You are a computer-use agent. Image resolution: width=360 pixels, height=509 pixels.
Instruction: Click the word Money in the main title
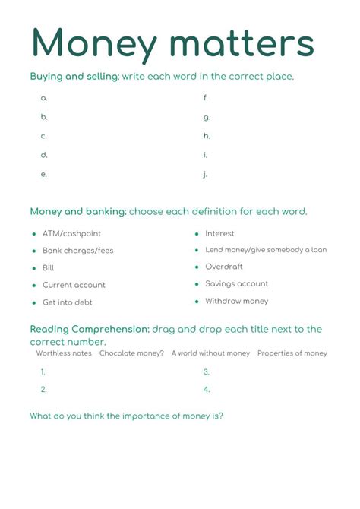(x=93, y=44)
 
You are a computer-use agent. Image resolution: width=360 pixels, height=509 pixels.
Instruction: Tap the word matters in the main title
(x=243, y=44)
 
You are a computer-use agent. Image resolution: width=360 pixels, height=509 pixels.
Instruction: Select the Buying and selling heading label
(x=74, y=77)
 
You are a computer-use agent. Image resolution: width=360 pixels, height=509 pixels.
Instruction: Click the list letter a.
(x=44, y=98)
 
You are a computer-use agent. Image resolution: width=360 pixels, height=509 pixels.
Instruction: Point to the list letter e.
(x=44, y=174)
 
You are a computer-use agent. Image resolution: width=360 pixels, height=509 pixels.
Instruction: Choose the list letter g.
(x=207, y=117)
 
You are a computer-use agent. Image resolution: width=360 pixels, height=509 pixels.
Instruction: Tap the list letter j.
(x=206, y=174)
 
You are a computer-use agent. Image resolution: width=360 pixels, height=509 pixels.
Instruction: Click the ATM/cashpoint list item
(x=71, y=233)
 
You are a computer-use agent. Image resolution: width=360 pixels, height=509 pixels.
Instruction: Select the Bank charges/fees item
(x=77, y=251)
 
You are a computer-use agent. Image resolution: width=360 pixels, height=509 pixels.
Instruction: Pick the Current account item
(x=74, y=285)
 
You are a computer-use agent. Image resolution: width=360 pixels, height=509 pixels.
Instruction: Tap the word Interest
(x=219, y=233)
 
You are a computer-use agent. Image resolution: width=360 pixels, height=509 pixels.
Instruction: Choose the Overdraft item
(x=224, y=267)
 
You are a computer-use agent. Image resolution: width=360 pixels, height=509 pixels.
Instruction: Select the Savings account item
(x=236, y=283)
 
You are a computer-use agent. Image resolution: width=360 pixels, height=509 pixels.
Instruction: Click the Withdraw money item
(x=236, y=301)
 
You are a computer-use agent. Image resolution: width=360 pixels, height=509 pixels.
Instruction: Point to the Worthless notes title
(x=64, y=353)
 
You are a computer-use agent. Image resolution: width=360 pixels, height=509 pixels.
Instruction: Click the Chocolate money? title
(x=131, y=353)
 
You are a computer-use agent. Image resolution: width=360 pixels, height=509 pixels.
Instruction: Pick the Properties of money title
(x=292, y=353)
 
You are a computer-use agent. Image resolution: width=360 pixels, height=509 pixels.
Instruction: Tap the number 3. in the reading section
(x=206, y=372)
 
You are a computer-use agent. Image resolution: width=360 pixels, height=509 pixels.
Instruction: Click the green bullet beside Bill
(x=34, y=268)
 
